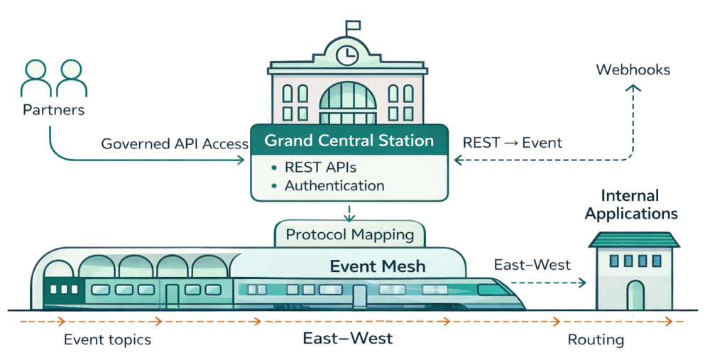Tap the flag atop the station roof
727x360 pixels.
coord(352,26)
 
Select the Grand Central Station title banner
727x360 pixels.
coord(349,141)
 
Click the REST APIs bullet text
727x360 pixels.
coord(320,168)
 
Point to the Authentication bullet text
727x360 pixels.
coord(334,186)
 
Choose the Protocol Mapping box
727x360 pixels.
coord(349,234)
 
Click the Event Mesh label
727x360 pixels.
coord(378,266)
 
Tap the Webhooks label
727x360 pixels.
coord(633,70)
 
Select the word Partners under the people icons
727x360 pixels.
coord(53,110)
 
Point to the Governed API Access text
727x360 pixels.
coord(175,143)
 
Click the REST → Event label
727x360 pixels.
coord(512,143)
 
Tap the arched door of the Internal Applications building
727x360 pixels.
coord(635,295)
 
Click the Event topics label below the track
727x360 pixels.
coord(107,339)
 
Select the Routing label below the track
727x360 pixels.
coord(596,340)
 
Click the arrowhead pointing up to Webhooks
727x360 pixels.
coord(633,89)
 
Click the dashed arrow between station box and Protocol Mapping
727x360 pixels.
coord(349,211)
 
